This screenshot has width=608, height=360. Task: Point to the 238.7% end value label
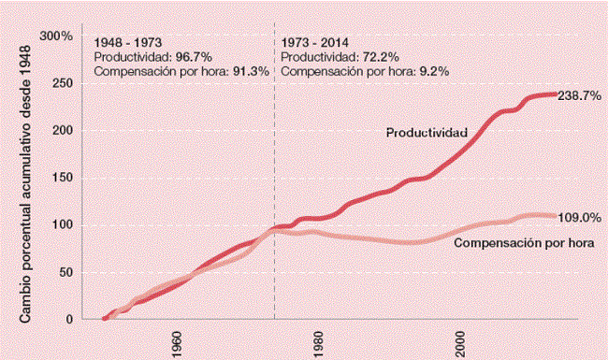(x=578, y=96)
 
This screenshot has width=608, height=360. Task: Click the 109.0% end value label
(x=578, y=218)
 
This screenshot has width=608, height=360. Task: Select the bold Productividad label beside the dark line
(x=427, y=134)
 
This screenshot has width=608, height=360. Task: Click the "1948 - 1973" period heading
(x=126, y=43)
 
